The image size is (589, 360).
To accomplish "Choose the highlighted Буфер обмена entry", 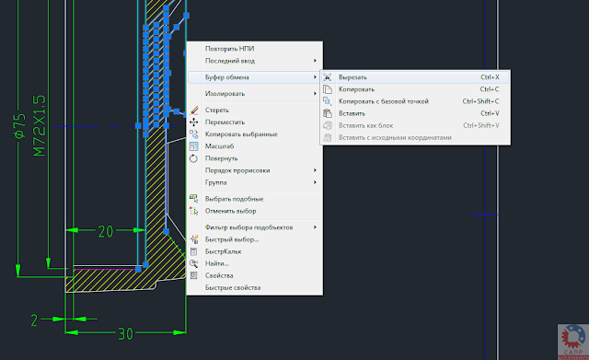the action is (x=226, y=77).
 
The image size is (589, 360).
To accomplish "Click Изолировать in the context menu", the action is (x=225, y=94).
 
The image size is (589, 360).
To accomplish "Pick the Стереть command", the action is (x=217, y=110).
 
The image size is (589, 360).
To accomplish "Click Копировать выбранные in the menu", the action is (x=240, y=134).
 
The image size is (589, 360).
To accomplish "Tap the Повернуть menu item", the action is (x=221, y=158).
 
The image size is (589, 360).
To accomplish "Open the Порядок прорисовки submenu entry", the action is (x=237, y=170).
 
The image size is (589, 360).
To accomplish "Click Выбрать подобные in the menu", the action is (x=234, y=199).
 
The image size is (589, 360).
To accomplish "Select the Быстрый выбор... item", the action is (x=232, y=239).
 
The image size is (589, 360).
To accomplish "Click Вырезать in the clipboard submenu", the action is (x=353, y=77).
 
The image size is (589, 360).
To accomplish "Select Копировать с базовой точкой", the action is (x=384, y=101).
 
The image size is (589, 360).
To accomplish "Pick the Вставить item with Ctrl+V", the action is (x=352, y=113).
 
